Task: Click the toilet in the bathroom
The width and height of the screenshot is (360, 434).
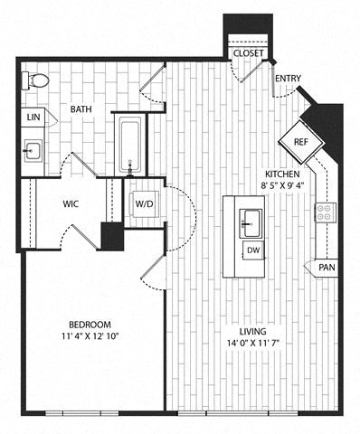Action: click(x=35, y=80)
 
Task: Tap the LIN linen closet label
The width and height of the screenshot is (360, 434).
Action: click(x=33, y=117)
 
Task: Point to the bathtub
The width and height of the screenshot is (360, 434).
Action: click(x=130, y=145)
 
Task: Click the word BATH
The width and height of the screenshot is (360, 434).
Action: click(x=81, y=108)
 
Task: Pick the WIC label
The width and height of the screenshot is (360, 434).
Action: click(x=71, y=204)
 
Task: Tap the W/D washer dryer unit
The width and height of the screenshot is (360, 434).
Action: click(x=144, y=203)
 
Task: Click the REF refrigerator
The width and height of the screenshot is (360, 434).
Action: click(x=301, y=142)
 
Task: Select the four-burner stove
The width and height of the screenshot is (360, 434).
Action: click(x=326, y=212)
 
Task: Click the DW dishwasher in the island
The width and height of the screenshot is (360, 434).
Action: click(x=253, y=250)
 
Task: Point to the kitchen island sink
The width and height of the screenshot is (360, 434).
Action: click(x=251, y=223)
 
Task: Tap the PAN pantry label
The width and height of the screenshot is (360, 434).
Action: click(x=327, y=268)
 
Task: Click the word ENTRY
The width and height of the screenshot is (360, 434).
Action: click(x=288, y=79)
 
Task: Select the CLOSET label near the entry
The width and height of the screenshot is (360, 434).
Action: click(x=249, y=53)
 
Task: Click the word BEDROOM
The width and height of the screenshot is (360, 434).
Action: click(x=90, y=325)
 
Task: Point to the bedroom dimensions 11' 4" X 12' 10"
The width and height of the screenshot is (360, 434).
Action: click(x=90, y=336)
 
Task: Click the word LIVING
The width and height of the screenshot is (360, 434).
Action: click(x=253, y=332)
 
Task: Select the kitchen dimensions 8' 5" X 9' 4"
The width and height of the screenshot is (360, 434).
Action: click(x=282, y=185)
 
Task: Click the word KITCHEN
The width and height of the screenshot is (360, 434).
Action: click(x=282, y=175)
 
